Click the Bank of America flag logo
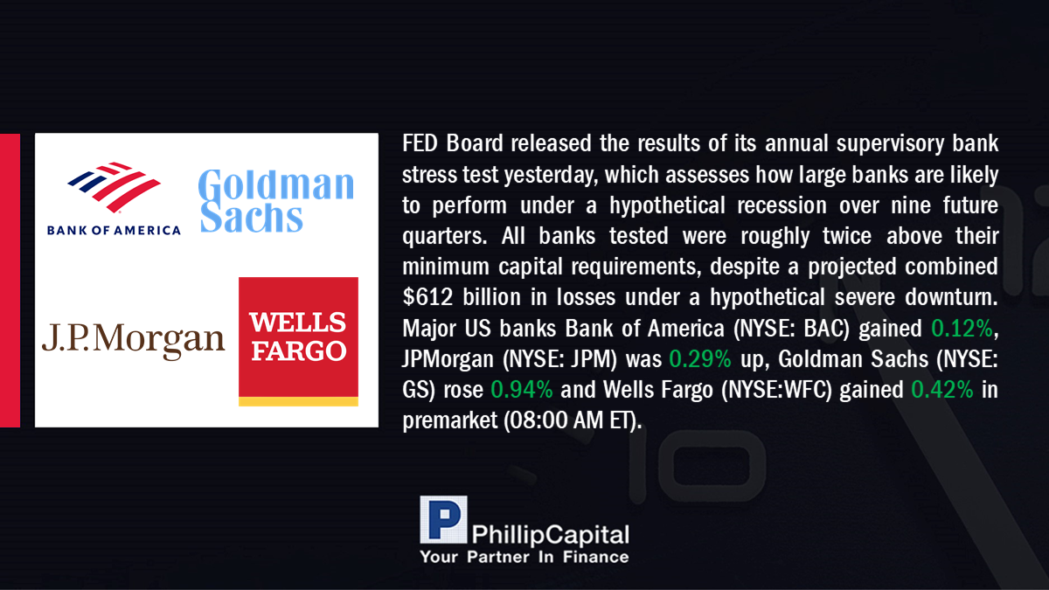114,187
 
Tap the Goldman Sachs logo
276,201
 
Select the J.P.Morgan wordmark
134,340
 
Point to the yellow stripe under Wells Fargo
298,401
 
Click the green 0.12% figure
962,329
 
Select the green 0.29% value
699,359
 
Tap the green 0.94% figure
522,390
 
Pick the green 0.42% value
941,390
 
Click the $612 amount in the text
427,297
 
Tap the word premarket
449,421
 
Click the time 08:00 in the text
538,420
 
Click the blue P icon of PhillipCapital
443,519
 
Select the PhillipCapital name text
550,535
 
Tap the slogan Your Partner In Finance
524,557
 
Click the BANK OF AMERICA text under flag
114,231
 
